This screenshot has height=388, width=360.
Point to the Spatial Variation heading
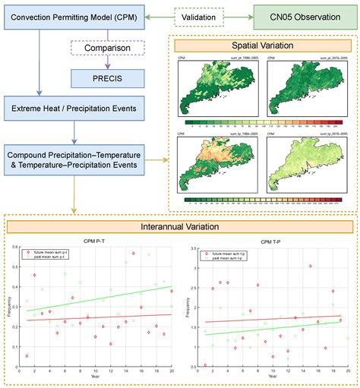pyautogui.click(x=262, y=46)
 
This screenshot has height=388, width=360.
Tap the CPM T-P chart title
pyautogui.click(x=270, y=219)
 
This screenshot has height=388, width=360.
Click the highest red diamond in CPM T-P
pyautogui.click(x=310, y=267)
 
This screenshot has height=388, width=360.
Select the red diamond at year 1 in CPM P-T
pyautogui.click(x=27, y=355)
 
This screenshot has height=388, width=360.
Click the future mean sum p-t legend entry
pyautogui.click(x=56, y=231)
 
